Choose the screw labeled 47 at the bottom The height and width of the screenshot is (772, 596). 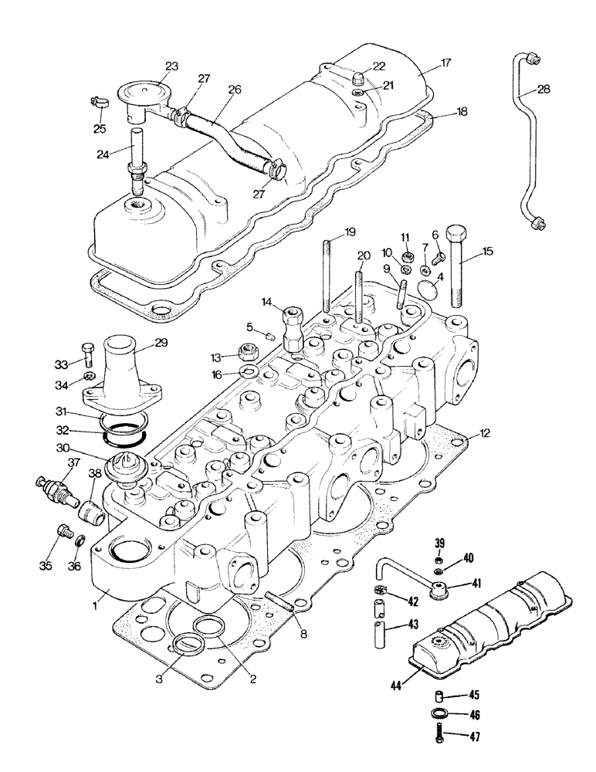click(x=438, y=736)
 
